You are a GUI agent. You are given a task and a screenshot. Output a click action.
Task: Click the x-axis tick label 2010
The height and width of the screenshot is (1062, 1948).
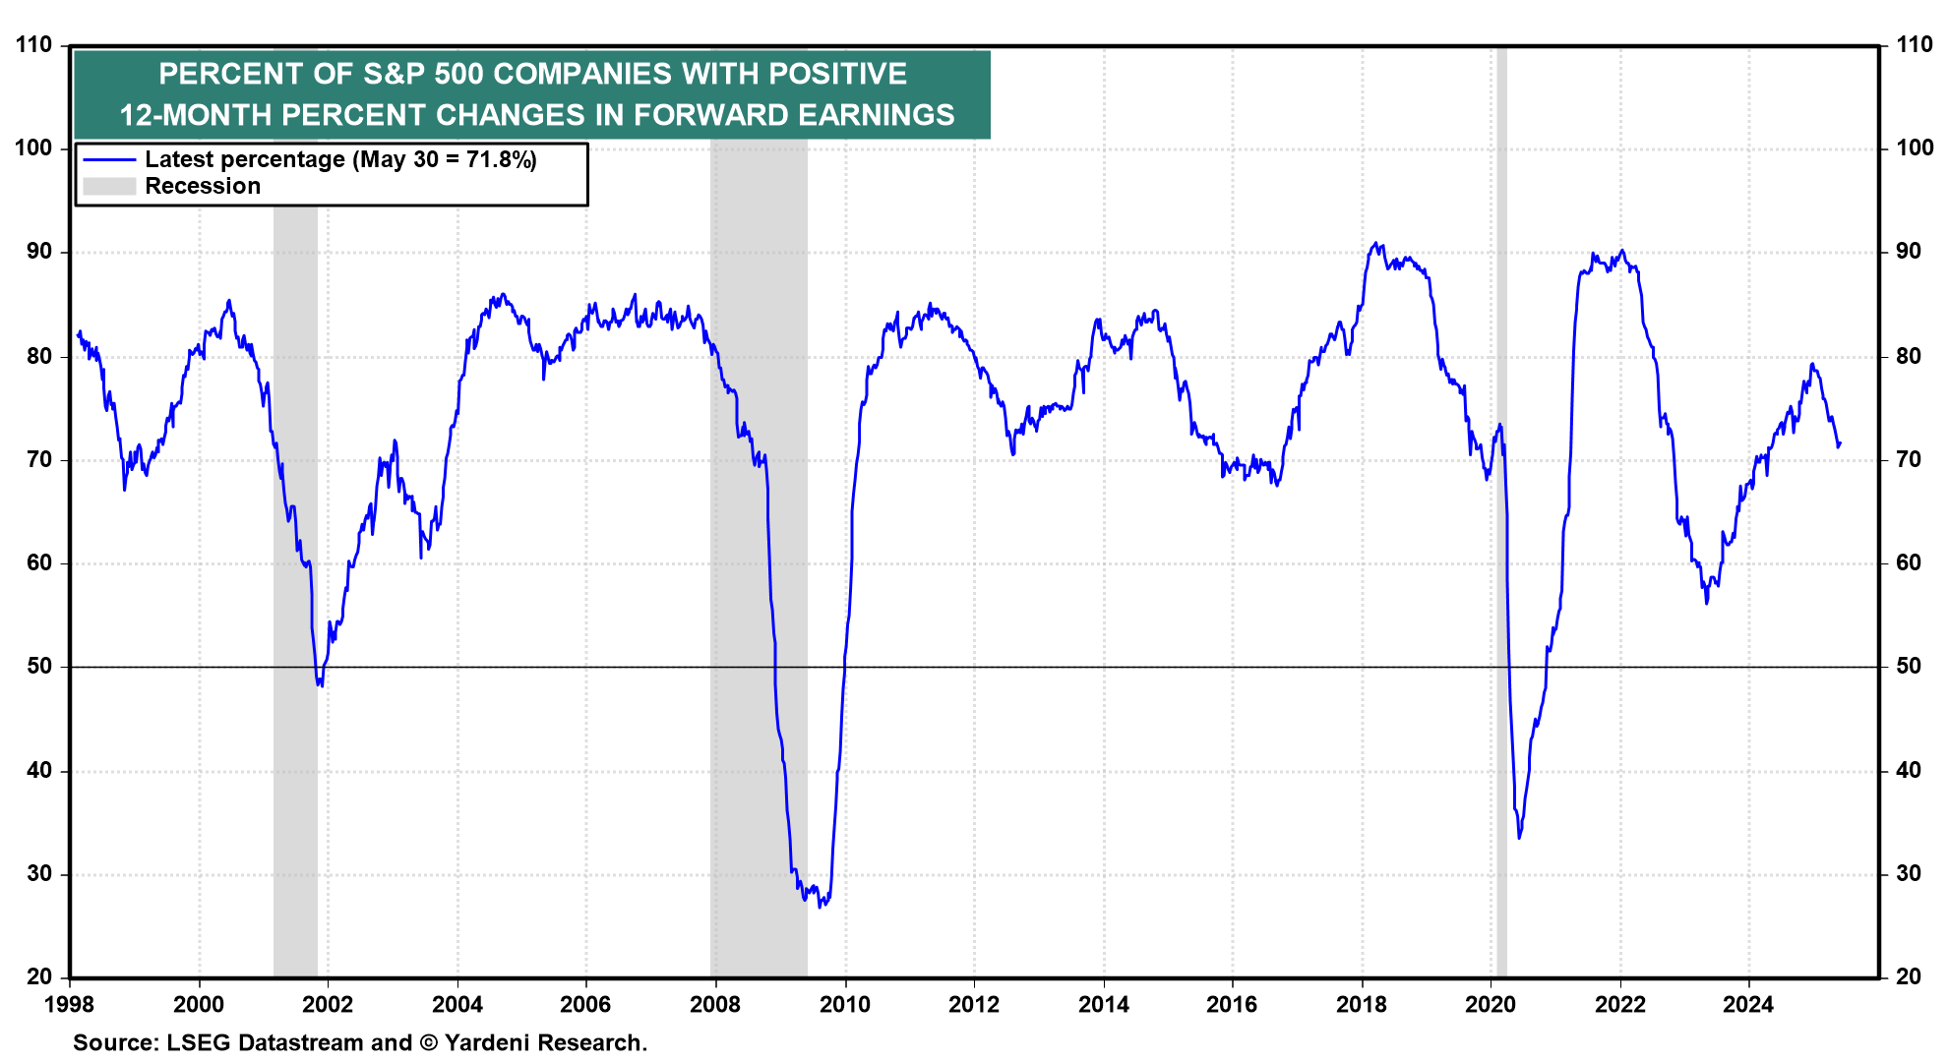[x=844, y=1004]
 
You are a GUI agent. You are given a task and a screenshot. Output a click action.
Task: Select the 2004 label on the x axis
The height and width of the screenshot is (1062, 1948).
[x=457, y=1004]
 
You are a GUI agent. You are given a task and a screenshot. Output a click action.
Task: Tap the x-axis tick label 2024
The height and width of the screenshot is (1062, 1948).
[x=1748, y=1004]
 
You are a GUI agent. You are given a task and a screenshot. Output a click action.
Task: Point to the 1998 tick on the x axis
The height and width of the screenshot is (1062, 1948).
[x=70, y=1004]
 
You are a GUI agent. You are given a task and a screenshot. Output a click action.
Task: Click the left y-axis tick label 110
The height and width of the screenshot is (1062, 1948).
[x=34, y=44]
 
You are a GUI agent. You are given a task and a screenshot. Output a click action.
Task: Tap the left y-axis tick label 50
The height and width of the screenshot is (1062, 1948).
[x=39, y=666]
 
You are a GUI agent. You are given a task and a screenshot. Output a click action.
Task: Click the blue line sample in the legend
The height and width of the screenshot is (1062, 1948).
[x=108, y=159]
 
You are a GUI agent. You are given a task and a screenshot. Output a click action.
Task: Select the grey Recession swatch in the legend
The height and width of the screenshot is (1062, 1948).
[x=108, y=186]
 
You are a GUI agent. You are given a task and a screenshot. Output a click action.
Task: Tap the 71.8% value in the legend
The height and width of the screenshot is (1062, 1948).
[x=501, y=159]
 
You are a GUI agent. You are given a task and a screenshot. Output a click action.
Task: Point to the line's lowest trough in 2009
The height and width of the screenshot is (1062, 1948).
[x=821, y=906]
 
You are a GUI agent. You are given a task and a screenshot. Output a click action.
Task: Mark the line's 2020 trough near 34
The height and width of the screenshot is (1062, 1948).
[x=1519, y=837]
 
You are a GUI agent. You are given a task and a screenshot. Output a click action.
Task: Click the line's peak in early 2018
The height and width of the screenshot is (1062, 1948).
[x=1375, y=243]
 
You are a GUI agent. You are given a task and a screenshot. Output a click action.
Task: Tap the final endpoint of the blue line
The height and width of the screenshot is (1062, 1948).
[x=1840, y=443]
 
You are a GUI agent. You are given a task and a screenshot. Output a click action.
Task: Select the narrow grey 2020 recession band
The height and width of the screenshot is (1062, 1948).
[x=1501, y=511]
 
